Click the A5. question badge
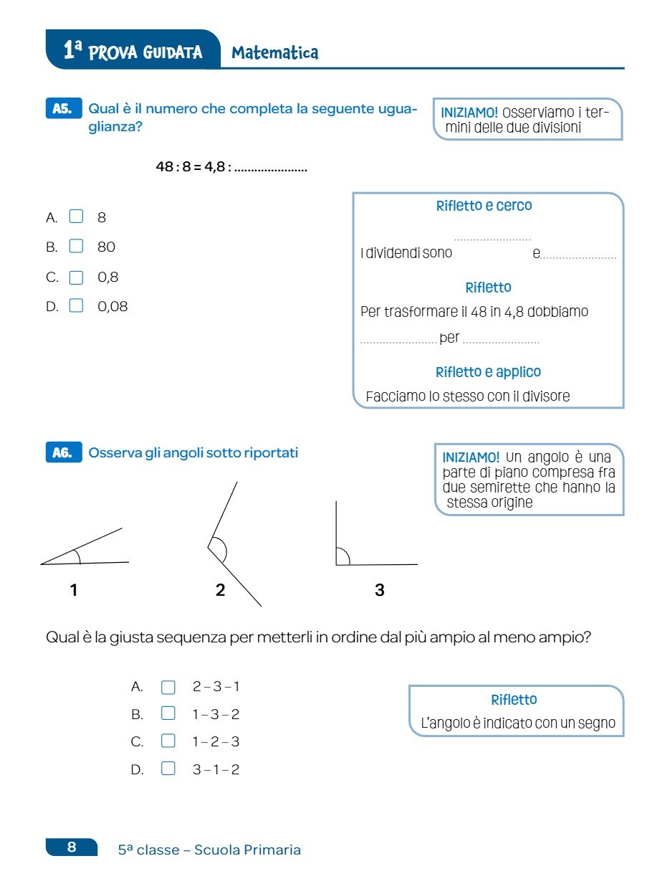pos(63,109)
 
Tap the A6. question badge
pos(63,452)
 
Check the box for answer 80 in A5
pos(76,247)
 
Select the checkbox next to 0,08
pos(76,306)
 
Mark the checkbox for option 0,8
pos(76,277)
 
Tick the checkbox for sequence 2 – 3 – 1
pos(168,688)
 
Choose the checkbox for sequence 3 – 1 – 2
pos(168,769)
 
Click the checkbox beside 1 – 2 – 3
pos(168,741)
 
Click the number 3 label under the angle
pos(379,590)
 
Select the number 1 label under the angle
pos(74,590)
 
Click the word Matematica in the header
pos(275,52)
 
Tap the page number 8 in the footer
pos(72,847)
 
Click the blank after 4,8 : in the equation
pos(271,169)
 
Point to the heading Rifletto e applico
pos(488,372)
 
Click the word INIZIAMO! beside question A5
pos(469,113)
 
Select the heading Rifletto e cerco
pos(484,206)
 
